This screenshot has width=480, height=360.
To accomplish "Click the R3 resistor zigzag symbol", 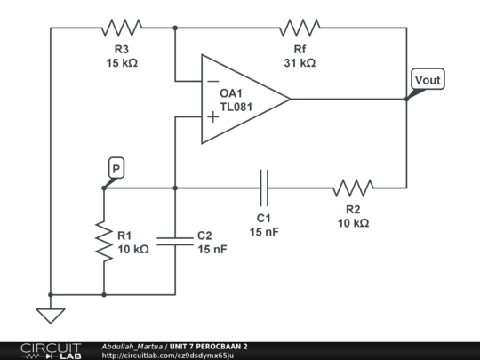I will (122, 28).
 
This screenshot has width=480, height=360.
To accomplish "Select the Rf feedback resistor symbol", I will (300, 28).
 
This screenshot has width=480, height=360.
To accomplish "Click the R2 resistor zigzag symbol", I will (353, 188).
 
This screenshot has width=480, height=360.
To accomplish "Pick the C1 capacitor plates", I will (264, 188).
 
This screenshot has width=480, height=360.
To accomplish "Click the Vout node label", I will (427, 80).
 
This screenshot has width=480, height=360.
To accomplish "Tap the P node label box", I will (116, 168).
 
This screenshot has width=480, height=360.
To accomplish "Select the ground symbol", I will (51, 314).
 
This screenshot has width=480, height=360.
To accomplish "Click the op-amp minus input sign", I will (213, 81).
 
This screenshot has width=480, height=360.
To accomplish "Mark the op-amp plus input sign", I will (213, 116).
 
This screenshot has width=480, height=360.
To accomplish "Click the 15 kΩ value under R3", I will (121, 63).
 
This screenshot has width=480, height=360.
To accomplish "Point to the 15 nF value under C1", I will (264, 232).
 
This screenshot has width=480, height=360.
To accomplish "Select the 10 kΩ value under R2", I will (353, 223).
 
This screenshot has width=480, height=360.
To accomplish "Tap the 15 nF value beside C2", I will (212, 250).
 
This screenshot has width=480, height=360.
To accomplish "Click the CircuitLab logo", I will (51, 350).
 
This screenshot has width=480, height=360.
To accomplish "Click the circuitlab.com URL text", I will (168, 355).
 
